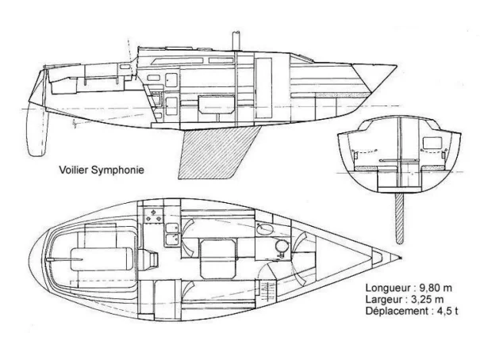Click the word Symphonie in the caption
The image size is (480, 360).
coord(117,170)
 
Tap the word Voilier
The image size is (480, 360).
coord(74,170)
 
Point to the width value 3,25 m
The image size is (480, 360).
coord(427,300)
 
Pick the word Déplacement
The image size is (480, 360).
coord(397,312)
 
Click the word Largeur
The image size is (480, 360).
coord(385,301)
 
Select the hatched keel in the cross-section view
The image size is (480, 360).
coord(399,218)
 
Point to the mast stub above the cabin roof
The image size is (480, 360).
coord(236,40)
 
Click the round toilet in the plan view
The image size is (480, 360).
coord(282,247)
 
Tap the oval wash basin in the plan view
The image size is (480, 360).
coord(264,229)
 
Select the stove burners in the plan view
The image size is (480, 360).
coord(153,216)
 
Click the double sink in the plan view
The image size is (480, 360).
coord(171,235)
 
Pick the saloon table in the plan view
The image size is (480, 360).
coord(218,259)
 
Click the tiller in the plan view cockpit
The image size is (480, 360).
coord(64,259)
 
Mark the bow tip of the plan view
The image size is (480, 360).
coord(401,259)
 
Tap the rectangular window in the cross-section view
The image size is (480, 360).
coord(432,144)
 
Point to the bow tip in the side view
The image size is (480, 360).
coord(397,66)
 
